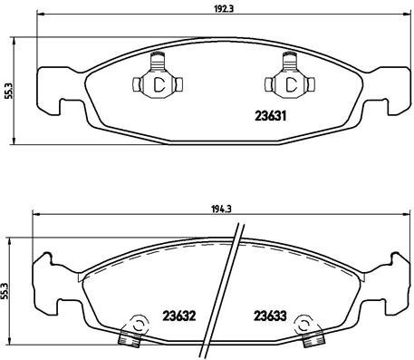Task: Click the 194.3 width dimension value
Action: [x=215, y=207]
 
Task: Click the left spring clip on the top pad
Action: [x=158, y=83]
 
